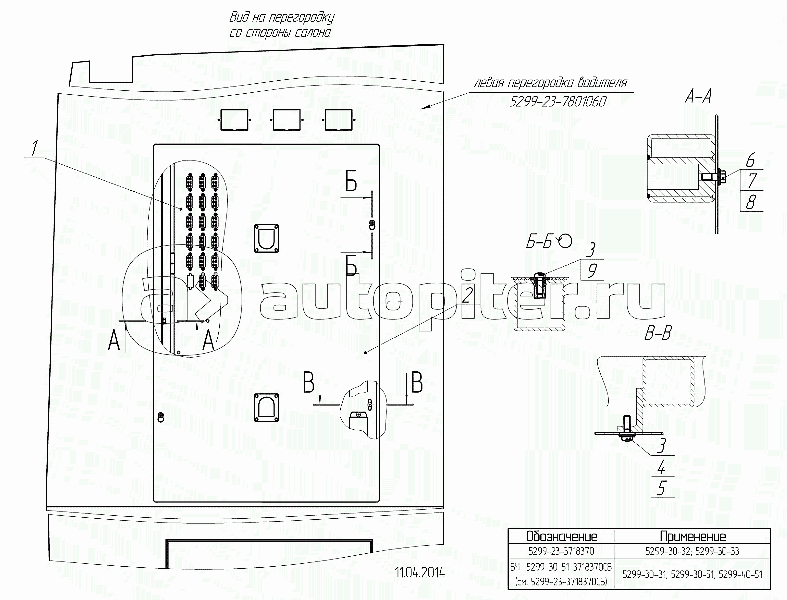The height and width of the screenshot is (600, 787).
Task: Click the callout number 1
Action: pos(34,148)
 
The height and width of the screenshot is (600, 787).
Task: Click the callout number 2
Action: pos(467,295)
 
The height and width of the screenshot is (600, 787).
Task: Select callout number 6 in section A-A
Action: pos(750,160)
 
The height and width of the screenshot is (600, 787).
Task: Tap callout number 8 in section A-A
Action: pos(751,202)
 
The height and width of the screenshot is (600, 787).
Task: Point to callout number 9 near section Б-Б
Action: pos(592,271)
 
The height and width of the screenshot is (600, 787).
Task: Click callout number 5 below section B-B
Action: pos(661,488)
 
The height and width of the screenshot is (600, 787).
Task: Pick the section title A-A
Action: pos(698,97)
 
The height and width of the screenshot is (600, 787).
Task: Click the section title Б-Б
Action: pos(539,243)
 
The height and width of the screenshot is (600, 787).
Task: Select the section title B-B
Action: pos(658,333)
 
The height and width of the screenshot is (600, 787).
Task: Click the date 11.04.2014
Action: pos(420,573)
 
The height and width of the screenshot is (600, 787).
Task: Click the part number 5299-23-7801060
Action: pos(558,102)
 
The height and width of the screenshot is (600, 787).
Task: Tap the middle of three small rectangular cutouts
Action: pos(287,120)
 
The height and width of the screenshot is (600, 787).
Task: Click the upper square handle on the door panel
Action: pos(267,238)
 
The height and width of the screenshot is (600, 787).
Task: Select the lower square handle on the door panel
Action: pos(267,408)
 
